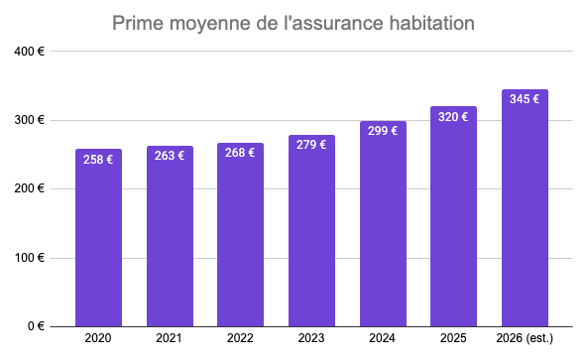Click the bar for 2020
pos(98,243)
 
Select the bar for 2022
pos(241,238)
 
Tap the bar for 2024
pos(383,228)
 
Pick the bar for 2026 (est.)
pos(525,213)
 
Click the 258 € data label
pos(98,159)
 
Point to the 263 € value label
pos(170,156)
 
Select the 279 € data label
pos(311,145)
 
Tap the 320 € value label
pos(454,116)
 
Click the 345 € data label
pos(525,99)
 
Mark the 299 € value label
pos(383,130)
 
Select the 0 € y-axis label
pos(36,326)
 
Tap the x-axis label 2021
pos(170,339)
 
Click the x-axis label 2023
pos(311,339)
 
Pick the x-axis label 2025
pos(454,339)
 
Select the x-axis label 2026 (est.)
pos(525,339)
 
